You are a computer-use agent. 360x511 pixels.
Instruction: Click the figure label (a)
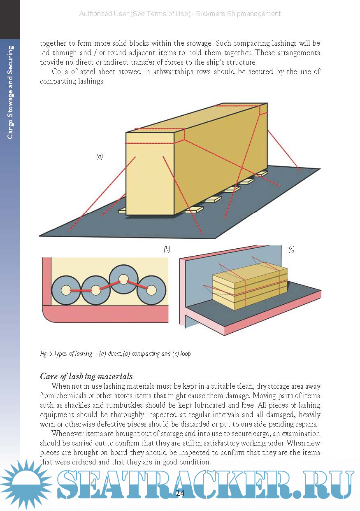[x=99, y=157]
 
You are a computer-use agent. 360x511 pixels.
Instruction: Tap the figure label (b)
[x=167, y=249]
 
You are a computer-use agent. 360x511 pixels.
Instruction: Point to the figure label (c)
[x=291, y=249]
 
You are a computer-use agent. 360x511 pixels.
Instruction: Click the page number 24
[x=180, y=493]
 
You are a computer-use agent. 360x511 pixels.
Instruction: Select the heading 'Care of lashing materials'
[x=86, y=376]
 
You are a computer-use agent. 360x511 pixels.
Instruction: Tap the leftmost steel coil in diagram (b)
[x=65, y=290]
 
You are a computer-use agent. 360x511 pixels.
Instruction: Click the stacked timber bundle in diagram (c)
[x=249, y=287]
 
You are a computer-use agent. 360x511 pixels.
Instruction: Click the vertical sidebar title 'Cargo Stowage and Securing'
[x=10, y=92]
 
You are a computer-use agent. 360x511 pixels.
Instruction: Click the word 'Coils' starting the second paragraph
[x=61, y=72]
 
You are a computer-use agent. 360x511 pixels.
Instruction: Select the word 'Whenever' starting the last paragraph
[x=67, y=434]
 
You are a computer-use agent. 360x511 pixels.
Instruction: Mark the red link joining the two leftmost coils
[x=81, y=291]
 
